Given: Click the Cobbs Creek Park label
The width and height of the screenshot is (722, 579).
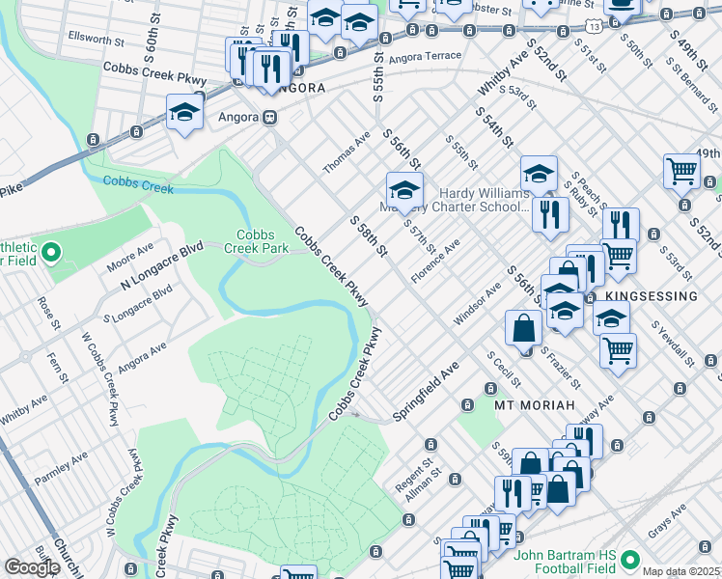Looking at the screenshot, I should coord(263,241).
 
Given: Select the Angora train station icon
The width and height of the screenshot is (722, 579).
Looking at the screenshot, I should coord(270,118).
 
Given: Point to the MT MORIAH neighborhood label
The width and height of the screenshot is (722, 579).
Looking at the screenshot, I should coord(535,404).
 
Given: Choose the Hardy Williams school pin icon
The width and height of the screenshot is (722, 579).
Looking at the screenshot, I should coord(404,188).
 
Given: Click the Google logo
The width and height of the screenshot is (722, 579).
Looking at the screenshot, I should coord(33,566).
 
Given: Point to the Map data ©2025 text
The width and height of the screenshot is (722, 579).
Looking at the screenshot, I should coord(681,571).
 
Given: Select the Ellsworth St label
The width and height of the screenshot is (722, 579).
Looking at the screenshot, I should coord(97,42).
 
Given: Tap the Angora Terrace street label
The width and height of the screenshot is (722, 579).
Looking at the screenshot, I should coord(430,56).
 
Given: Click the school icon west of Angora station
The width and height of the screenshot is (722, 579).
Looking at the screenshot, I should coord(183,114).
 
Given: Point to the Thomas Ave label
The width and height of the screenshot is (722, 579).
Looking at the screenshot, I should coord(347,153).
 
